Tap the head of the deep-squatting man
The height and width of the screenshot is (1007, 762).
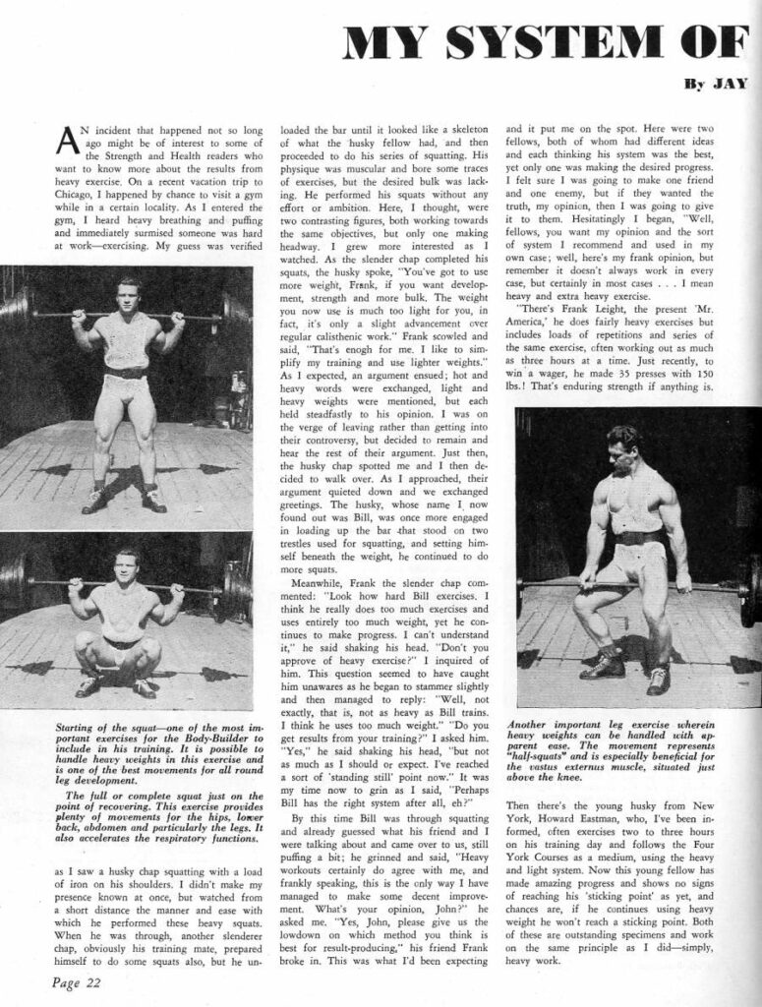pos(125,567)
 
